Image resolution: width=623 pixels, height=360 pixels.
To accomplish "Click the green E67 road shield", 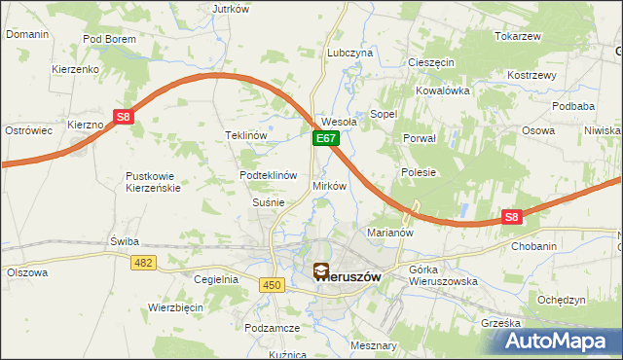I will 325,140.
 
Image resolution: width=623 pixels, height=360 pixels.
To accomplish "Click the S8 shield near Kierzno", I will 124,117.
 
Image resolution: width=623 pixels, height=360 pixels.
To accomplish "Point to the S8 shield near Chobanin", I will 513,218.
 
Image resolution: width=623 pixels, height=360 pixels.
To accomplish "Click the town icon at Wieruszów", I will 320,272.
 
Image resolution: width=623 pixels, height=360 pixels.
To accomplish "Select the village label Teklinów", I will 246,135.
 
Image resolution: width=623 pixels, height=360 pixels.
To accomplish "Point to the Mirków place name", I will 329,185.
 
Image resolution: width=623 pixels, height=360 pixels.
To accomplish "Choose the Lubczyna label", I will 350,53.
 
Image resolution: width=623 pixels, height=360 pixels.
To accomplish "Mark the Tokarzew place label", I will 517,36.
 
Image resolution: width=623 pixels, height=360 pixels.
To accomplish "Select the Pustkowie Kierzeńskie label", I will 153,182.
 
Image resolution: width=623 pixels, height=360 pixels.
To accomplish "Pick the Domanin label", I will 27,34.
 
